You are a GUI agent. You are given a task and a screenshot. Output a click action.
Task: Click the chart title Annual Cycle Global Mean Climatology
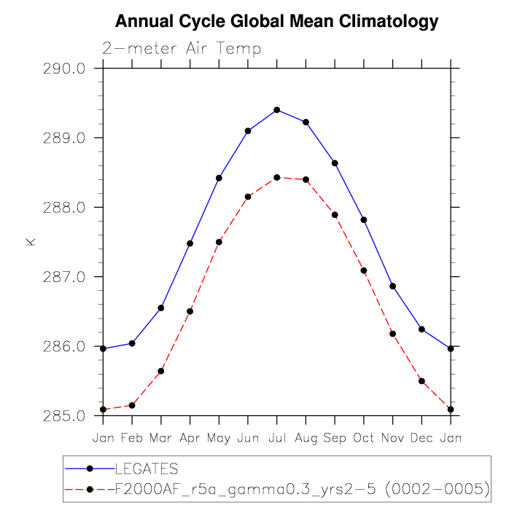(277, 22)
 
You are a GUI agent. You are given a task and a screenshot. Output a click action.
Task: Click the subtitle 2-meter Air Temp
(182, 49)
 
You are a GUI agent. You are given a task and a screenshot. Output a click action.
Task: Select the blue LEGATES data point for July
(277, 110)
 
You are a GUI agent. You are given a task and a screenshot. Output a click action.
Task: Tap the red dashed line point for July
(277, 177)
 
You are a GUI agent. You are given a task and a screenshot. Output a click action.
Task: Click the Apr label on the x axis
(190, 437)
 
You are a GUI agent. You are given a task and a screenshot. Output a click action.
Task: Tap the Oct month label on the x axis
(364, 437)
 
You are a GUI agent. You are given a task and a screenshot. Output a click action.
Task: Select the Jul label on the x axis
(277, 437)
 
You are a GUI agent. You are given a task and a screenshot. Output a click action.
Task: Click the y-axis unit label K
(31, 241)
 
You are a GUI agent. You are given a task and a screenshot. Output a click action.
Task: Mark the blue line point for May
(219, 178)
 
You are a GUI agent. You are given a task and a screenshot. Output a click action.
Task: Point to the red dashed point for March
(161, 371)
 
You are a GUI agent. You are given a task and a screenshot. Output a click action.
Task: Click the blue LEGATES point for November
(393, 286)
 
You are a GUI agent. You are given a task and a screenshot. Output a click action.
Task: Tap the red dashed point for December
(421, 380)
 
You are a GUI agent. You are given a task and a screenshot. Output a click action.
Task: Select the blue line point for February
(132, 343)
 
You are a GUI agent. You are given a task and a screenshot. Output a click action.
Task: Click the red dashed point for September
(335, 214)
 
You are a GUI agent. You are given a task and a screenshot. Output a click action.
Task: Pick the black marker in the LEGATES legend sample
(90, 468)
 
